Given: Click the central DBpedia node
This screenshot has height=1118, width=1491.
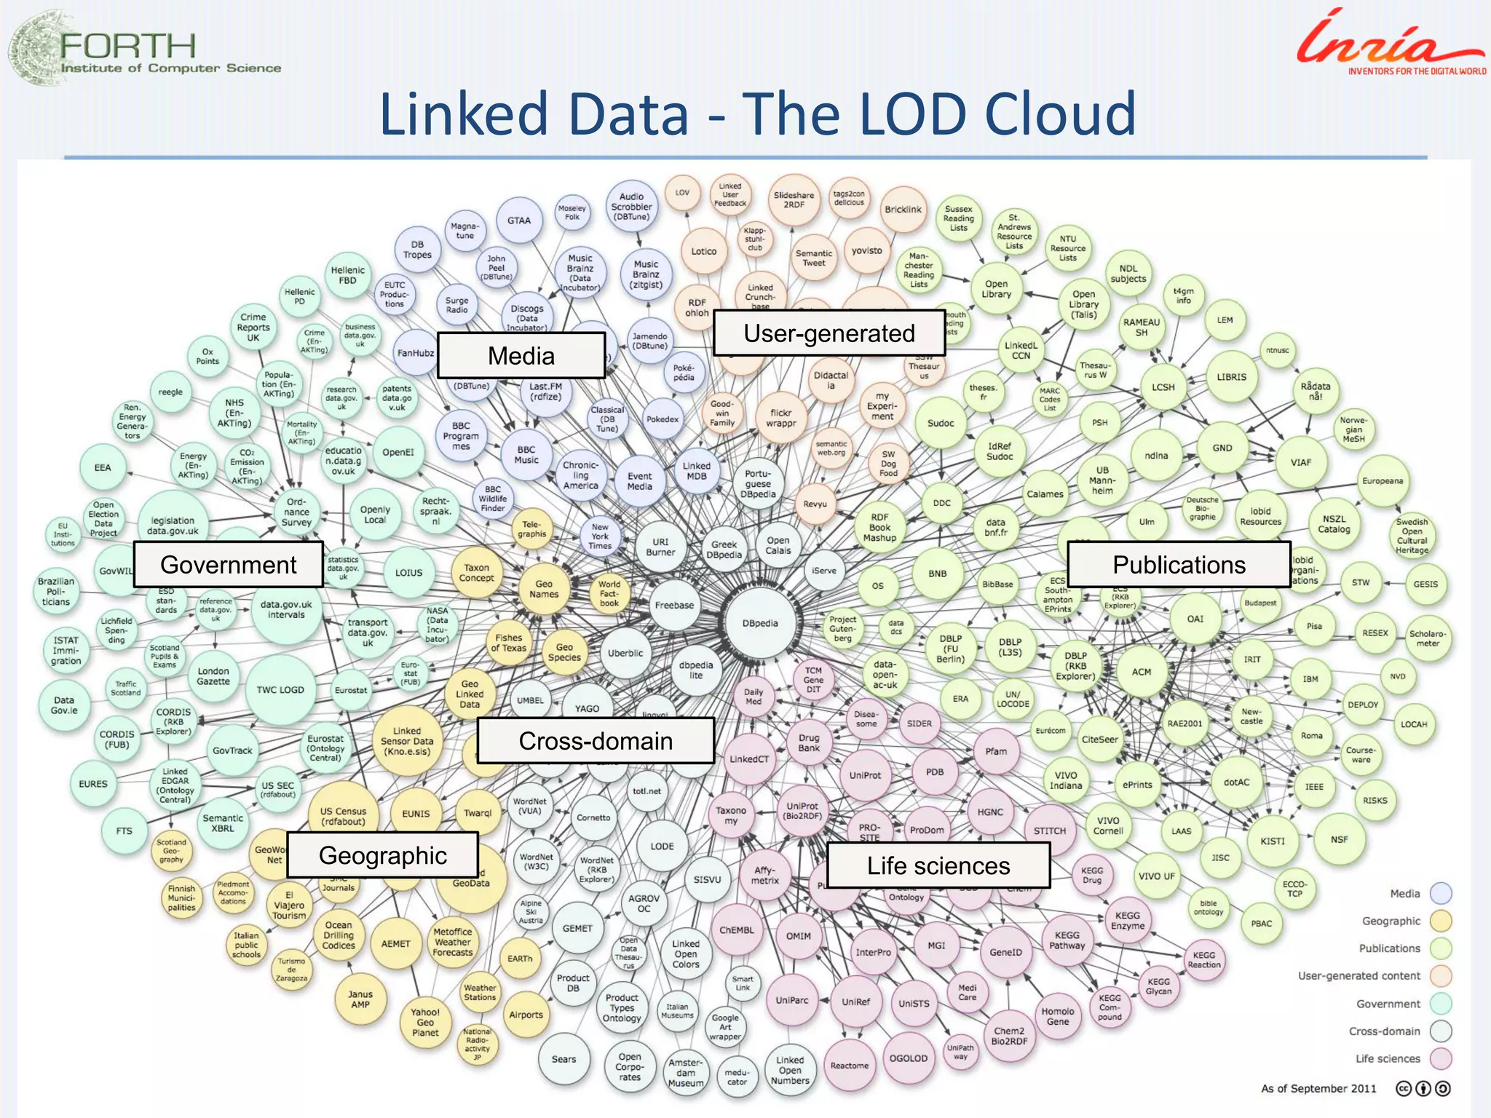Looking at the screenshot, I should pyautogui.click(x=760, y=624).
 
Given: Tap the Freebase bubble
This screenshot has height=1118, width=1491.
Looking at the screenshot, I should pyautogui.click(x=674, y=605).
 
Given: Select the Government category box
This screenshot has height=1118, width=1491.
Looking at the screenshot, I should pyautogui.click(x=228, y=565).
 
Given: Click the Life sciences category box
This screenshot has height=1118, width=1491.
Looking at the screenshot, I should pyautogui.click(x=938, y=865).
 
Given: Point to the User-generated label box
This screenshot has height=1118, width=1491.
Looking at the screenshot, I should pyautogui.click(x=828, y=333).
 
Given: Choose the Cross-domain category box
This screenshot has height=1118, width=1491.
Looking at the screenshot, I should pyautogui.click(x=596, y=741).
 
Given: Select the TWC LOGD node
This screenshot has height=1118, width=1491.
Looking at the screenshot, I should pyautogui.click(x=280, y=690).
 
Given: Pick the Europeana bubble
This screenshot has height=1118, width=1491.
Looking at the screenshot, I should pyautogui.click(x=1383, y=481).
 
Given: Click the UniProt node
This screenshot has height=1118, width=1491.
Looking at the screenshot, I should pyautogui.click(x=865, y=776).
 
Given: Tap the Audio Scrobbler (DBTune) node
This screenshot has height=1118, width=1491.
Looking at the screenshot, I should pyautogui.click(x=631, y=207).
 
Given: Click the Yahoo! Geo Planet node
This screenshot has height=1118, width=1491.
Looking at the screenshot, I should pyautogui.click(x=425, y=1022).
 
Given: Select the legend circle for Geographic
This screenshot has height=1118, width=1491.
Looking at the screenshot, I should pyautogui.click(x=1441, y=921).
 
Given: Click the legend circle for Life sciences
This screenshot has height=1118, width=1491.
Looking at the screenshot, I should pyautogui.click(x=1441, y=1058).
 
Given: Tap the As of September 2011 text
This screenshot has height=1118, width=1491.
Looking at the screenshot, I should pyautogui.click(x=1318, y=1089).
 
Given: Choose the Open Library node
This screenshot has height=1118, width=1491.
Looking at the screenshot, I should pyautogui.click(x=996, y=290).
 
